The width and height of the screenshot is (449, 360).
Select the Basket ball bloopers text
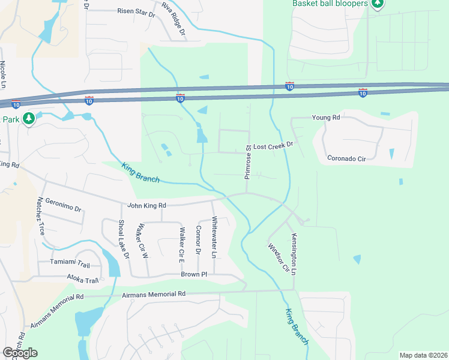pos(330,4)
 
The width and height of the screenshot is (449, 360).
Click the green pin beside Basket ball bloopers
pos(377,4)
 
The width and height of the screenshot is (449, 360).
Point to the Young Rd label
pos(326,118)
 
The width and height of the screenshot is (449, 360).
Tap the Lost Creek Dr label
pos(273,146)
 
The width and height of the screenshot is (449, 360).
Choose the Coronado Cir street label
pos(347,159)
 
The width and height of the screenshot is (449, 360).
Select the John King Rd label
pos(146,206)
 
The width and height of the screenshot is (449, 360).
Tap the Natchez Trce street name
pos(41,215)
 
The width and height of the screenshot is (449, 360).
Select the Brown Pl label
pos(194,274)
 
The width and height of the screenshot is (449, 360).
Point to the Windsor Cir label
pos(278,257)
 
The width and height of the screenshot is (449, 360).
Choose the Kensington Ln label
pos(294,254)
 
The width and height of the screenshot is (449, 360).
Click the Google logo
pos(20,353)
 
